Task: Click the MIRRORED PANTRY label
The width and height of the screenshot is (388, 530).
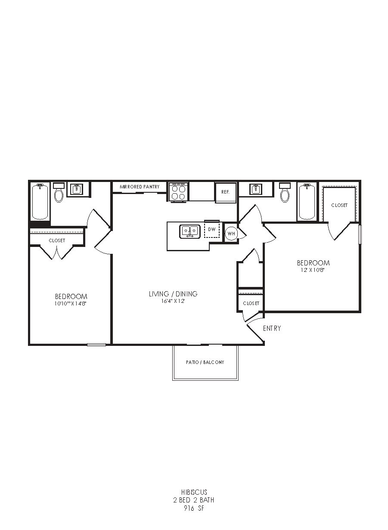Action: click(x=140, y=187)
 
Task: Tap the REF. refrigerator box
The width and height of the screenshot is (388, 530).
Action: click(x=226, y=192)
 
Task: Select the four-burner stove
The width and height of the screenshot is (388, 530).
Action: click(x=179, y=192)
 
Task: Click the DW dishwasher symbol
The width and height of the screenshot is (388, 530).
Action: click(x=212, y=229)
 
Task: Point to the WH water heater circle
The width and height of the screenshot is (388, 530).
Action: click(x=231, y=234)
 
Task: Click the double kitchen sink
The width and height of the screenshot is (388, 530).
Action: click(x=190, y=231)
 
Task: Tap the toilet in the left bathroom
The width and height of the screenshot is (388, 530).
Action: click(x=59, y=192)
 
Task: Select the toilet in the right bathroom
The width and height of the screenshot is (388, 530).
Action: click(x=285, y=192)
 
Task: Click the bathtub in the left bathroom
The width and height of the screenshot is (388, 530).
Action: click(x=40, y=202)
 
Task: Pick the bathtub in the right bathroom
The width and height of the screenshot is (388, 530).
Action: click(x=307, y=202)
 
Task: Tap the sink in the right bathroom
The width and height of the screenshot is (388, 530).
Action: click(x=256, y=189)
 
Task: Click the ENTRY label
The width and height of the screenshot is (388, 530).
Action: click(x=272, y=328)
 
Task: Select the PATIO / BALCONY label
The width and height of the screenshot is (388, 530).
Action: click(x=205, y=362)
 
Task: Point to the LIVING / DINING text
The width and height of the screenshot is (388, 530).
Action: click(x=173, y=294)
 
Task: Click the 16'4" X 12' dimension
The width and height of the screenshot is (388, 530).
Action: click(x=173, y=301)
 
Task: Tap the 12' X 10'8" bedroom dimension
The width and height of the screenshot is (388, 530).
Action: click(x=313, y=270)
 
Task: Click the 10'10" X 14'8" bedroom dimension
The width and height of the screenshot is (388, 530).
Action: click(x=71, y=304)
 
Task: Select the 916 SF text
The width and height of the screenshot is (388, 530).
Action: click(x=194, y=507)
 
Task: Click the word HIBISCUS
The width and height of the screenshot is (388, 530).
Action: click(x=194, y=493)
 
